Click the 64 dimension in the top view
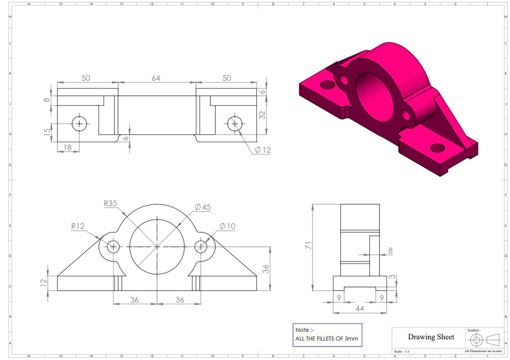156,78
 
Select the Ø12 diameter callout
263,150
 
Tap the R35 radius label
111,204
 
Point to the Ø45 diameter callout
202,208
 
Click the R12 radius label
78,227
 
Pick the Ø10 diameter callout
227,226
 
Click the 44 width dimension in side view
359,309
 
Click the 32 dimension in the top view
262,115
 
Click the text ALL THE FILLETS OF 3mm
326,339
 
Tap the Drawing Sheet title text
431,336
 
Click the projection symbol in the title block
485,339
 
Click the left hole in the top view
79,124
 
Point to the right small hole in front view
201,246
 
